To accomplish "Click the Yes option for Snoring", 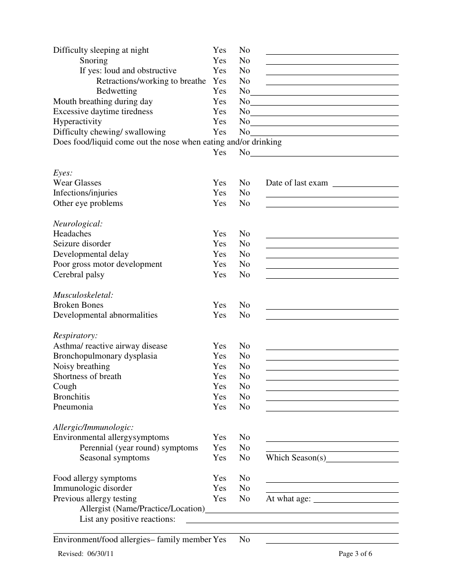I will (219, 60).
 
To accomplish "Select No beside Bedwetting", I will (244, 91).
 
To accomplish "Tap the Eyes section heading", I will (62, 173).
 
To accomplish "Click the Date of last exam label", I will (296, 183).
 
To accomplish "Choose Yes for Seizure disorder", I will (219, 244).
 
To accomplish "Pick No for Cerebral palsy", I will (244, 274).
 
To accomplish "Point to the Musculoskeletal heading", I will (83, 295).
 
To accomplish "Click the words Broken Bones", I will (78, 305).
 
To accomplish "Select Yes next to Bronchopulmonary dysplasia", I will (219, 356).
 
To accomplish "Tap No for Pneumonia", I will (244, 407).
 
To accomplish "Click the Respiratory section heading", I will (75, 335).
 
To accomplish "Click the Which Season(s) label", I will (296, 458).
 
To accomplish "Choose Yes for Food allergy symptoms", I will (219, 478).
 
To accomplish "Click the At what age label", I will (288, 498).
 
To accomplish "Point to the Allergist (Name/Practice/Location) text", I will (142, 508).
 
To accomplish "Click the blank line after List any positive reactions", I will (292, 522).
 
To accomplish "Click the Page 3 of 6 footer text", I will (355, 554).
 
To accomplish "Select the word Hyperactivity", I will (77, 121).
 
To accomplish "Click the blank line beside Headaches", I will (332, 237).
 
